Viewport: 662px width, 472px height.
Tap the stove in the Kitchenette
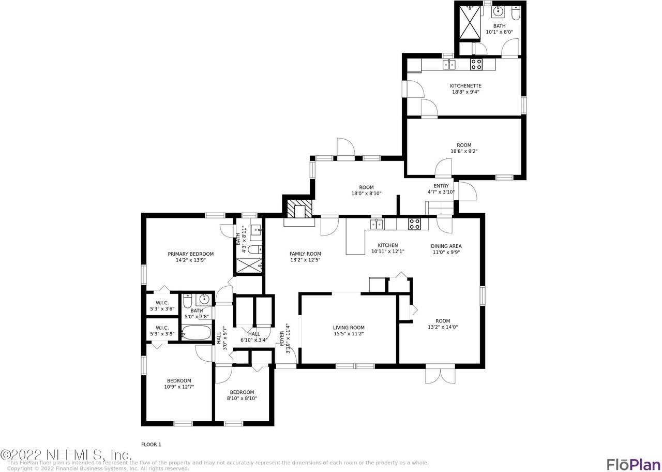tap(476, 65)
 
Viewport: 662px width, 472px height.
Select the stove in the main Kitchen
tap(414, 224)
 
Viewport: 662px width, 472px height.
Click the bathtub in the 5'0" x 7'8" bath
tap(197, 333)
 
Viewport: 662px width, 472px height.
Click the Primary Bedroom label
tap(190, 254)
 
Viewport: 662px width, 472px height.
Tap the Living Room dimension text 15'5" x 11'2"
tap(349, 334)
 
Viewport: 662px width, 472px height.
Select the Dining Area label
tap(446, 246)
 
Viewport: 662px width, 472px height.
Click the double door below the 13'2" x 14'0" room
tap(440, 375)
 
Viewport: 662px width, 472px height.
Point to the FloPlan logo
tap(634, 463)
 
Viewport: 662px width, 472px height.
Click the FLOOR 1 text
tap(151, 444)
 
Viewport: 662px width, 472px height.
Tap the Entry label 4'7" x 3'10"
tap(441, 189)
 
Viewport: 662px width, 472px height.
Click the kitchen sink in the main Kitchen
tap(377, 224)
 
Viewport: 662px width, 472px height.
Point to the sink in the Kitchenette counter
tap(448, 65)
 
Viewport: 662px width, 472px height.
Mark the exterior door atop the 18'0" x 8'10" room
tap(345, 148)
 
